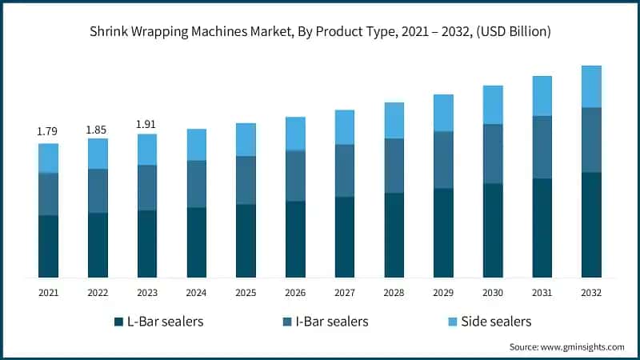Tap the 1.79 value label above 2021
[x=48, y=130]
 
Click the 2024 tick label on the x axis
[x=197, y=293]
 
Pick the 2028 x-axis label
[x=394, y=293]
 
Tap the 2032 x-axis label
[x=592, y=293]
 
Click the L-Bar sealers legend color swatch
[x=117, y=322]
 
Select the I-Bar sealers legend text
[x=332, y=322]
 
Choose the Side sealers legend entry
[x=494, y=322]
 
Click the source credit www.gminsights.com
[x=567, y=347]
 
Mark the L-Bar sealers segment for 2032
[x=591, y=225]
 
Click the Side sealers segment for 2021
[x=48, y=158]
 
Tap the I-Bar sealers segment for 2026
[x=295, y=175]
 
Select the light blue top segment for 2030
[x=493, y=105]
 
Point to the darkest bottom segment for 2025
[x=246, y=241]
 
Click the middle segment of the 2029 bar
[x=443, y=160]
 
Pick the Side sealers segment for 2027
[x=345, y=127]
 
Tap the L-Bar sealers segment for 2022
[x=98, y=245]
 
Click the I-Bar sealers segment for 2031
[x=542, y=147]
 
